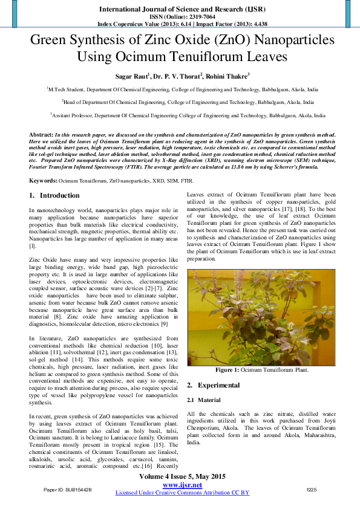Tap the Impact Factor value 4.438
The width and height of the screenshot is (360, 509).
257,24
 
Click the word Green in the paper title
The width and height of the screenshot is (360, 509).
52,42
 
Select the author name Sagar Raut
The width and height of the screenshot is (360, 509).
131,76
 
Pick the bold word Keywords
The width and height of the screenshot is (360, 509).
43,181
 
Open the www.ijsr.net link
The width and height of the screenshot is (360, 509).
182,485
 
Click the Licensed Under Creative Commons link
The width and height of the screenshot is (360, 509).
182,493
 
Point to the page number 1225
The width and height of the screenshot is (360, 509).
312,489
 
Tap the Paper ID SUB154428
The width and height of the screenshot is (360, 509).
68,489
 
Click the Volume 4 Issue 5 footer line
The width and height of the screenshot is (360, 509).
182,477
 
